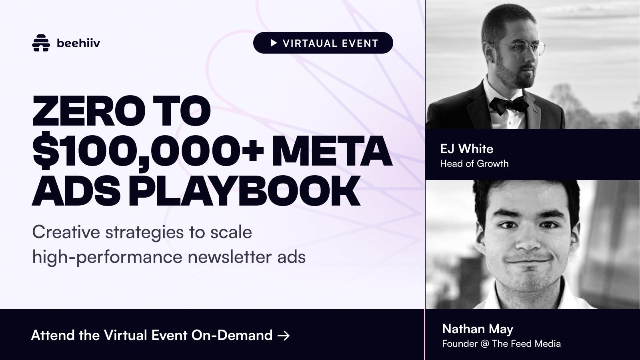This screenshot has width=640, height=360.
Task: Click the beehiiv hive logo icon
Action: pyautogui.click(x=41, y=43)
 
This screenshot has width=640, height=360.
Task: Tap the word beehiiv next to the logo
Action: pyautogui.click(x=78, y=43)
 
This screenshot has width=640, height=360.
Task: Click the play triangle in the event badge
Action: pyautogui.click(x=274, y=43)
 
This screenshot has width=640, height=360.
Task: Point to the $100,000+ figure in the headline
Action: pyautogui.click(x=148, y=152)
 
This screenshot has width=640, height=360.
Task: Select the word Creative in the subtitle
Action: pyautogui.click(x=66, y=232)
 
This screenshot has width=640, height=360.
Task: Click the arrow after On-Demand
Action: pyautogui.click(x=284, y=336)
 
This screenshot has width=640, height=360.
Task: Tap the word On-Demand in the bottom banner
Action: pyautogui.click(x=232, y=335)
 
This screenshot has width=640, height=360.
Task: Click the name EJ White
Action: pyautogui.click(x=466, y=149)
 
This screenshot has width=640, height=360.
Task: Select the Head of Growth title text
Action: pyautogui.click(x=474, y=164)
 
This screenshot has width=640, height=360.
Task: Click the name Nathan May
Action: pyautogui.click(x=478, y=329)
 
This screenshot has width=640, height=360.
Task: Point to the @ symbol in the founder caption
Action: pyautogui.click(x=485, y=344)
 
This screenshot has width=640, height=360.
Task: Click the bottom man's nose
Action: pyautogui.click(x=529, y=240)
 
